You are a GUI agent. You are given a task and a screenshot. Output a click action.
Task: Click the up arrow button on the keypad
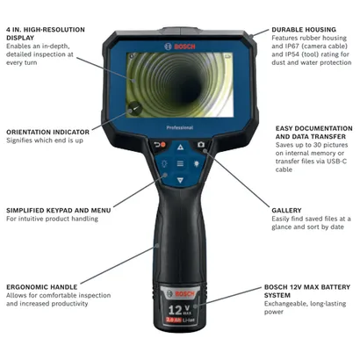[x=180, y=147]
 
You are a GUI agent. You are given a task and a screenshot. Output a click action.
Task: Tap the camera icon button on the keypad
[x=200, y=144]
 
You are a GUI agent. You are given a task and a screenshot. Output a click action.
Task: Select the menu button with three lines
[x=180, y=163]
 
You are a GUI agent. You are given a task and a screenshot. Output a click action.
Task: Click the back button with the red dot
[x=160, y=144]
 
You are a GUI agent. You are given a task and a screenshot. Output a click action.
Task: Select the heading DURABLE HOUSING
[x=305, y=29]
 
